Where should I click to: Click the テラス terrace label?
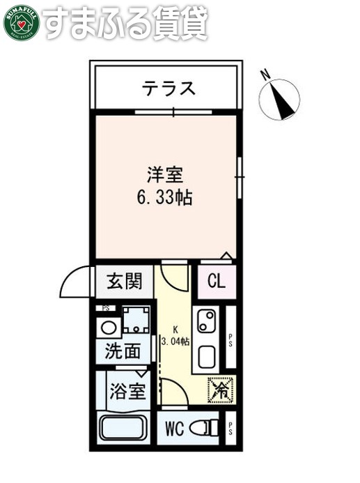pyautogui.click(x=168, y=89)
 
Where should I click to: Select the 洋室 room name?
pyautogui.click(x=164, y=172)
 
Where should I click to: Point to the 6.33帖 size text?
pyautogui.click(x=164, y=197)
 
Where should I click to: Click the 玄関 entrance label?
pyautogui.click(x=125, y=282)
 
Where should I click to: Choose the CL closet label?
pyautogui.click(x=217, y=282)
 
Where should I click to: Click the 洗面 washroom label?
pyautogui.click(x=123, y=352)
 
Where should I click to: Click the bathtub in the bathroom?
pyautogui.click(x=125, y=427)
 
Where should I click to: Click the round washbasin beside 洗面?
pyautogui.click(x=109, y=327)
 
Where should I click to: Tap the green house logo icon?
pyautogui.click(x=19, y=22)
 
